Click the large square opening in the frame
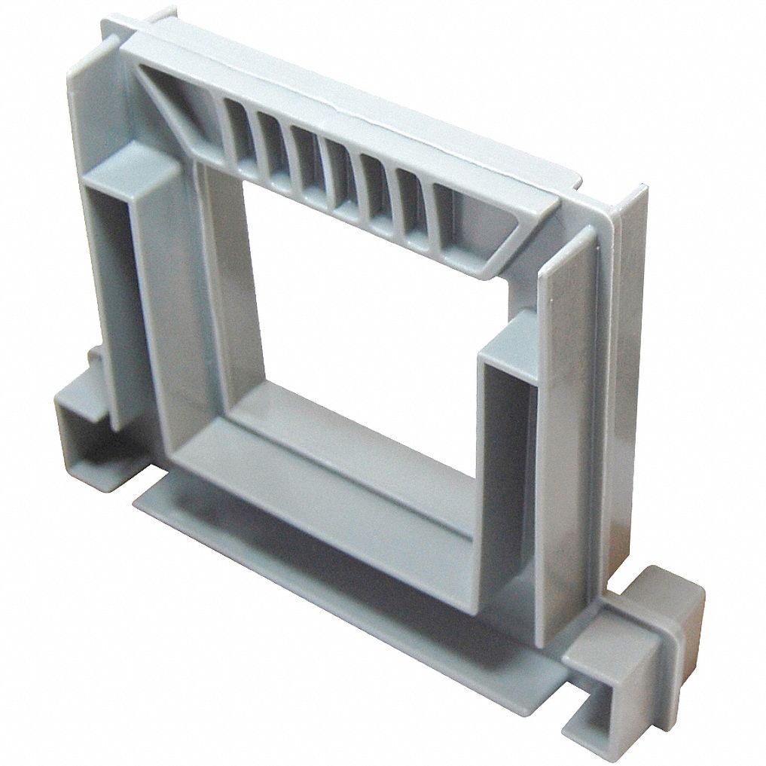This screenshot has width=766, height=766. click(x=362, y=316)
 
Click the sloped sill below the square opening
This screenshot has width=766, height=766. click(x=331, y=482)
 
